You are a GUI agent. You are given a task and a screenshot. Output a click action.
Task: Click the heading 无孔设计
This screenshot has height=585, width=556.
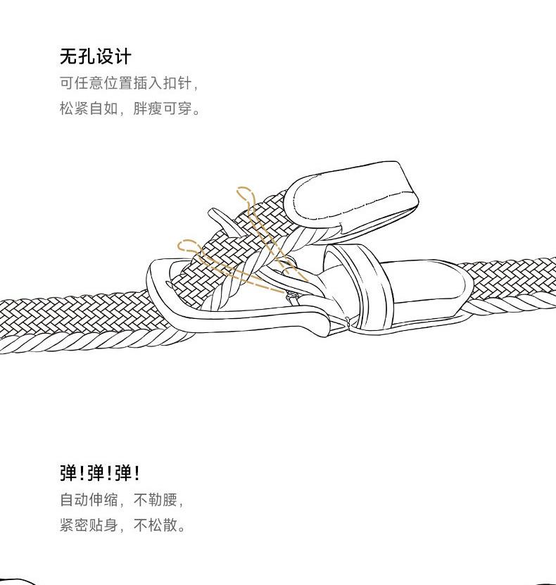(x=95, y=56)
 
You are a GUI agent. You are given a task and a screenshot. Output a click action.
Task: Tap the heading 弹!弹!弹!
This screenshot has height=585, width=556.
(x=99, y=472)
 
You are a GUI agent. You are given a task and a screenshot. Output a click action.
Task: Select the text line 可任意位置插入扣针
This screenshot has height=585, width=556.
(x=129, y=83)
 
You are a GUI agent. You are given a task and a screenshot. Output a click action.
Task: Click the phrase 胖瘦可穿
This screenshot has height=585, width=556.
(x=173, y=110)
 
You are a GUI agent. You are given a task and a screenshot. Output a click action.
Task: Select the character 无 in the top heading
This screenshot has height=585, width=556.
(x=68, y=56)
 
